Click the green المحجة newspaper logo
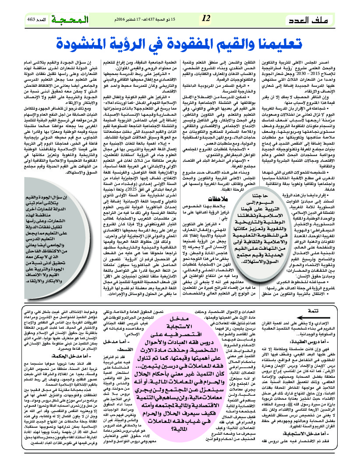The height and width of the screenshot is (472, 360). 70,20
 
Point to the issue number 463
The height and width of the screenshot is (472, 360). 33,20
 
